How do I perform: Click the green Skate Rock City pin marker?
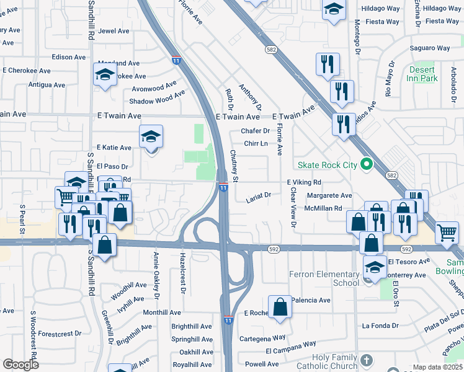tap(367, 165)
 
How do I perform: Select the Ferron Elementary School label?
tap(324, 278)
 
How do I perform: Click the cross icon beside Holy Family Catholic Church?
tap(367, 360)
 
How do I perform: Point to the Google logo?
tap(20, 364)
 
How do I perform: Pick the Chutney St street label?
tap(234, 166)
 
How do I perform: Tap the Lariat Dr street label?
tap(259, 195)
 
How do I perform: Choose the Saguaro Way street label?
tap(429, 48)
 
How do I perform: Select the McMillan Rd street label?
tap(323, 208)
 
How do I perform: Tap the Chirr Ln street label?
tap(256, 143)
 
